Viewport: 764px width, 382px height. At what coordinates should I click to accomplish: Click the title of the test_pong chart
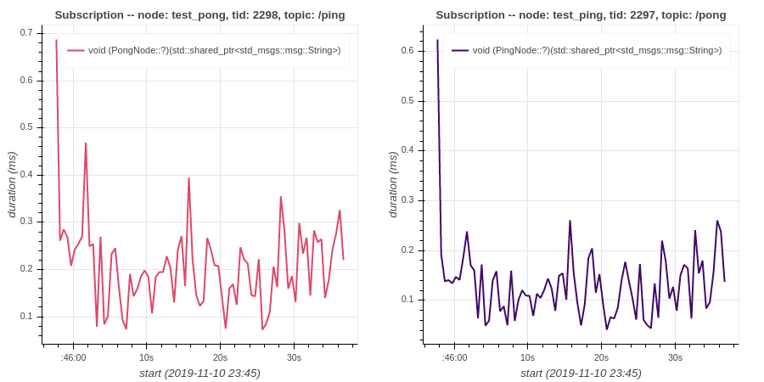point(199,15)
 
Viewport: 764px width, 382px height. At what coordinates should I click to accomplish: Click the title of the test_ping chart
point(581,15)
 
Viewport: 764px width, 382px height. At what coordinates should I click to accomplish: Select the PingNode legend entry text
point(597,50)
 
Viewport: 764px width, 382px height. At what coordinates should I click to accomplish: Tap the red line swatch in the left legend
point(76,50)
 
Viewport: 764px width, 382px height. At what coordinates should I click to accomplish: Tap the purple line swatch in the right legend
point(460,50)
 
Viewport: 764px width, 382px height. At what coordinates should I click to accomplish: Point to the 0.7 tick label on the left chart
point(27,33)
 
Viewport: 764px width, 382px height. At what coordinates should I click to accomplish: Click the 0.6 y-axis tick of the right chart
point(407,51)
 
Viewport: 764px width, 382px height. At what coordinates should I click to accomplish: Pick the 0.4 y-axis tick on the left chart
point(27,175)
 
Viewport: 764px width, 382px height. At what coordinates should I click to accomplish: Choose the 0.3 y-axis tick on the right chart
point(407,200)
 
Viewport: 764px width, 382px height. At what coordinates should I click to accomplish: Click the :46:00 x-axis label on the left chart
point(73,357)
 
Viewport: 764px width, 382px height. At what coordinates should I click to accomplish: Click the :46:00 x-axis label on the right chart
point(454,357)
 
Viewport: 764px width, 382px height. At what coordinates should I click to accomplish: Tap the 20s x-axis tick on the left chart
point(220,357)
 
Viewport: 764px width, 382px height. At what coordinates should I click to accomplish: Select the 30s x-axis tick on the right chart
point(675,357)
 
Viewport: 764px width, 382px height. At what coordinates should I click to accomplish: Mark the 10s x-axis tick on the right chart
point(528,357)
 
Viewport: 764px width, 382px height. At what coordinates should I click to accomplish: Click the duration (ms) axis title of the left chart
point(12,185)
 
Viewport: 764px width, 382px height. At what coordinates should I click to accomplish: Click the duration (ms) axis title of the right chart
point(394,185)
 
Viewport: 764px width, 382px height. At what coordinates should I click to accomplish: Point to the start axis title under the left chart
point(199,374)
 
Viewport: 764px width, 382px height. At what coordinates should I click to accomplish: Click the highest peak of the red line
point(56,40)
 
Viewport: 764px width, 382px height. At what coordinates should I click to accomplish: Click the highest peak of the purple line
point(437,40)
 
